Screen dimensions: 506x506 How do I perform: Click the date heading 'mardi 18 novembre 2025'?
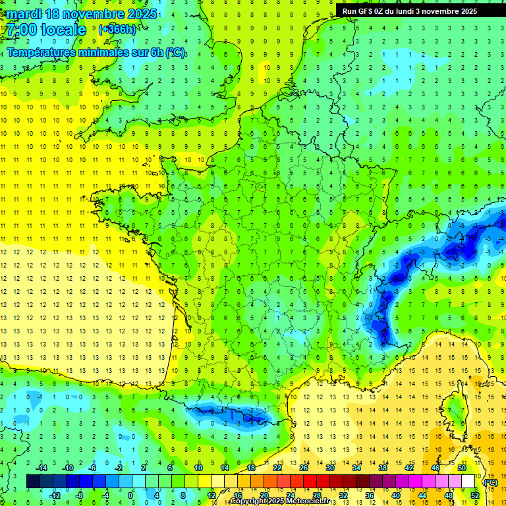(x=82, y=14)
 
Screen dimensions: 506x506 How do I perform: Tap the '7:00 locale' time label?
(x=47, y=30)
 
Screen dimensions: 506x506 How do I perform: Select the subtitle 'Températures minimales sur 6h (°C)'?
(x=96, y=52)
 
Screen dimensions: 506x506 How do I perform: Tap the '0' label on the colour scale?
(x=130, y=495)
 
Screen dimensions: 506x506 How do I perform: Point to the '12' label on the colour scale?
(x=212, y=495)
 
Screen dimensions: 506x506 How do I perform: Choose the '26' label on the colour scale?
(x=304, y=468)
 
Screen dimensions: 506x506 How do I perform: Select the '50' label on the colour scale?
(x=461, y=468)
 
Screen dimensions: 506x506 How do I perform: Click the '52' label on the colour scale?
(x=475, y=495)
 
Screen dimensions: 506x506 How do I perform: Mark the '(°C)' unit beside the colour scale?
(x=490, y=482)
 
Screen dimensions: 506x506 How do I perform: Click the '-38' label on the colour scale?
(x=383, y=468)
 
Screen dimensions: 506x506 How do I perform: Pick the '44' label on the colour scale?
(x=422, y=495)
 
